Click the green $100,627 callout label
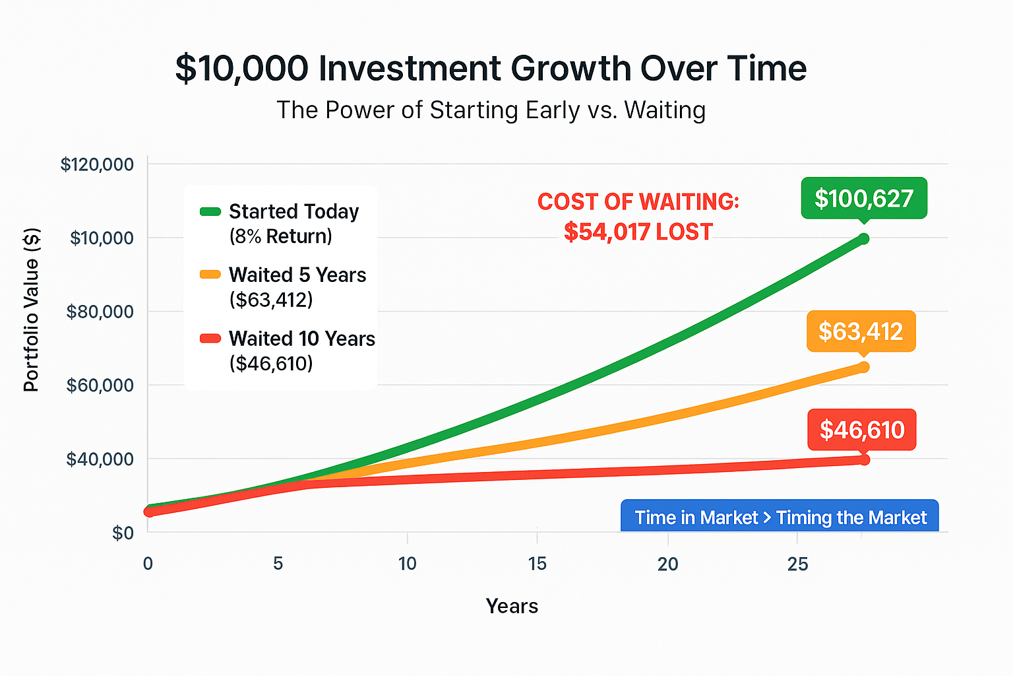[x=864, y=198]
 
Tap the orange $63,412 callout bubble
[x=861, y=331]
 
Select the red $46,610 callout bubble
[x=862, y=430]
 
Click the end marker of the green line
[x=863, y=238]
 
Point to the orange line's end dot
[x=863, y=367]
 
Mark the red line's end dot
[x=864, y=459]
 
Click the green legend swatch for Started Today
[x=210, y=212]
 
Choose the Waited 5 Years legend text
[x=297, y=275]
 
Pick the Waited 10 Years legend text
[x=301, y=339]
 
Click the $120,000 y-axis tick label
[x=97, y=164]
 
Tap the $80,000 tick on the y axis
[x=100, y=312]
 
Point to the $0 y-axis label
[x=123, y=533]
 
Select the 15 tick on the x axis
[x=537, y=564]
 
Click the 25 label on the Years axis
[x=797, y=564]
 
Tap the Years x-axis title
[x=512, y=606]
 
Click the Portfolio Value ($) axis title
[x=31, y=310]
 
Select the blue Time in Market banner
[x=780, y=517]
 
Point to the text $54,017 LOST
[x=638, y=232]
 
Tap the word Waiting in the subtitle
[x=665, y=110]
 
